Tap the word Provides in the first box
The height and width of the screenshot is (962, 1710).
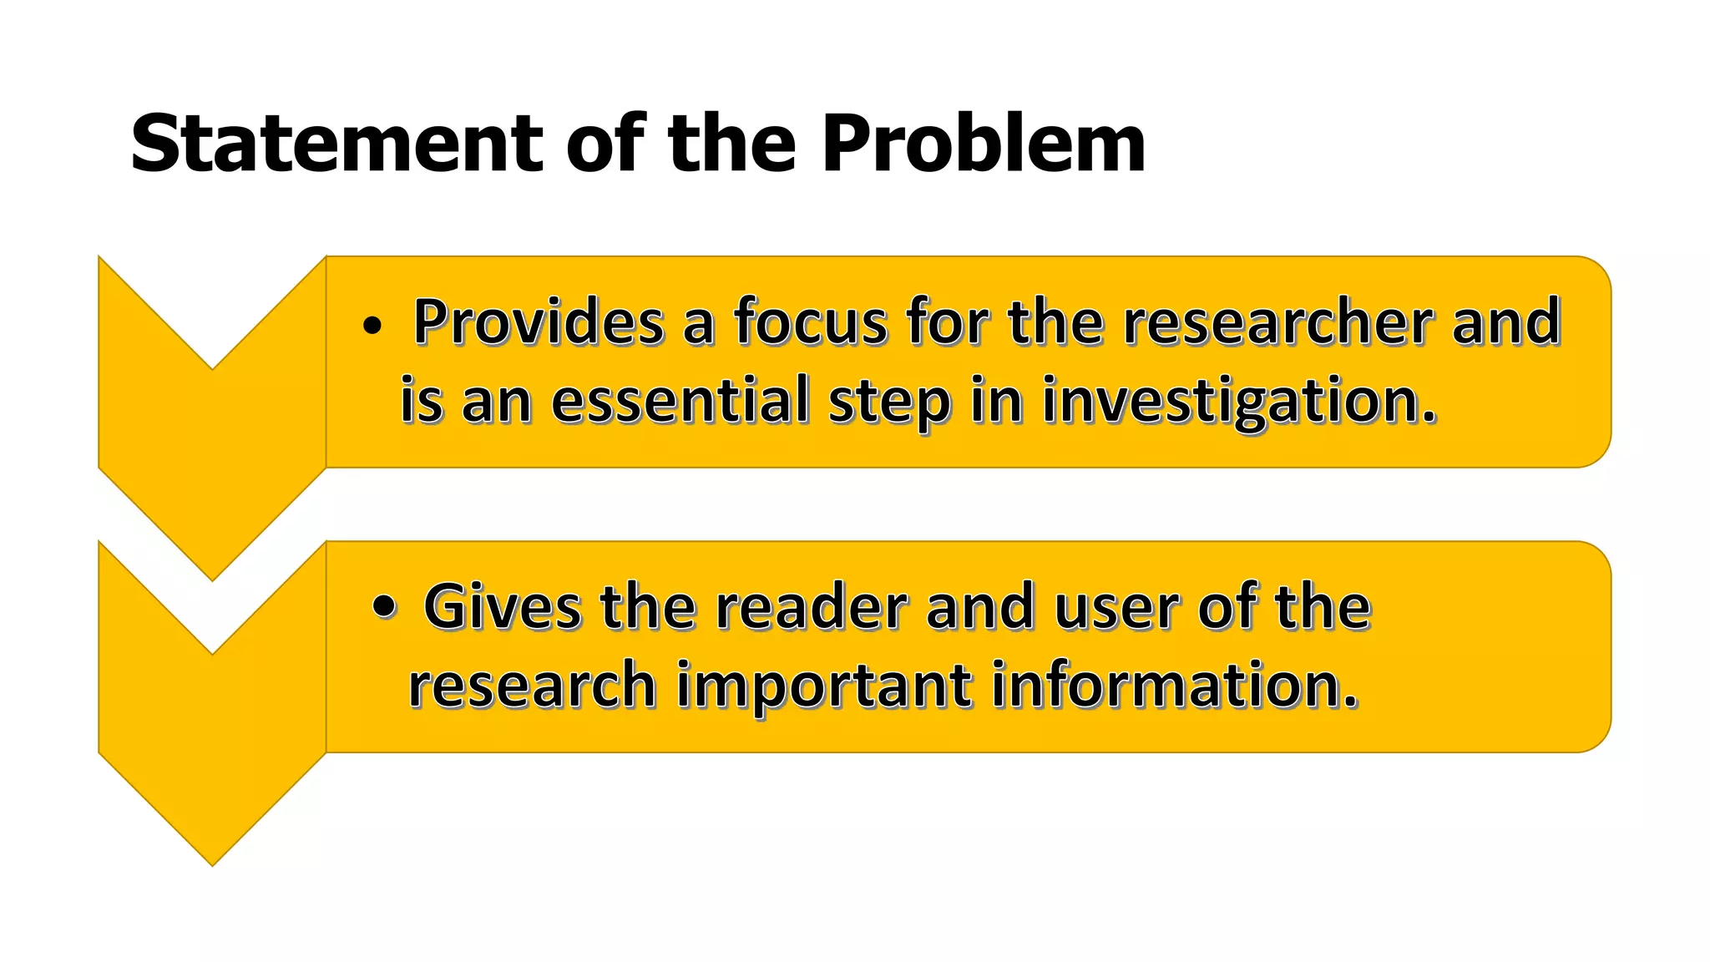pyautogui.click(x=539, y=322)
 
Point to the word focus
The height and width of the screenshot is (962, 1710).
pyautogui.click(x=810, y=322)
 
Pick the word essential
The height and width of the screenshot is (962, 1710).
pyautogui.click(x=680, y=401)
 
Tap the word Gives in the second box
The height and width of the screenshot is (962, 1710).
pyautogui.click(x=502, y=607)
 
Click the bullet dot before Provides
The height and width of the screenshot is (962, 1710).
pyautogui.click(x=372, y=326)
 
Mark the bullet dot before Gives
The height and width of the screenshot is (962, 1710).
pyautogui.click(x=383, y=607)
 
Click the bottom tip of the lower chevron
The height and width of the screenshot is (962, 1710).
pyautogui.click(x=212, y=862)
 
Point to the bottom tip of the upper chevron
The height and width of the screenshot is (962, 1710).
pyautogui.click(x=212, y=577)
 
